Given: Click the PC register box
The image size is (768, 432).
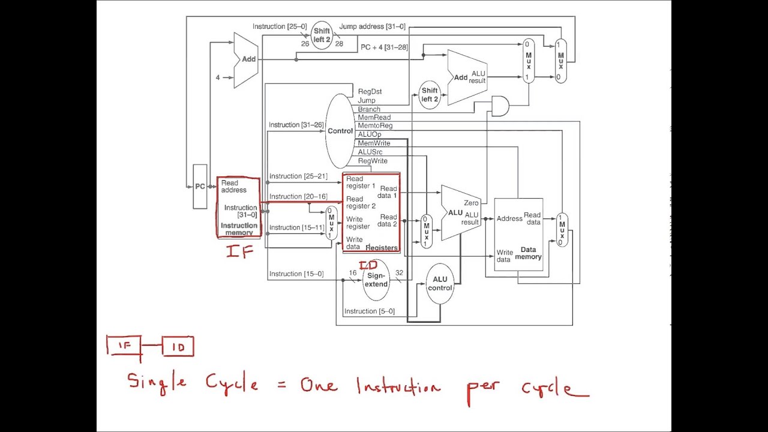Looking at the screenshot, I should [200, 187].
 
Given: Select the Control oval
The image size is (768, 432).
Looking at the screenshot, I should [340, 131].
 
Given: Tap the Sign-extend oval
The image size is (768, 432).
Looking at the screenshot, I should [376, 280].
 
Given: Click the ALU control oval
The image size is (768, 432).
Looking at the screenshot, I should [440, 284].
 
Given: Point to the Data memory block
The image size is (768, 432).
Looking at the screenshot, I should [518, 235].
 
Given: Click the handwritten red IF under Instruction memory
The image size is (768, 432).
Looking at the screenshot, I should [239, 251].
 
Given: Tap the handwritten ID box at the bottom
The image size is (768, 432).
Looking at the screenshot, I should [178, 347].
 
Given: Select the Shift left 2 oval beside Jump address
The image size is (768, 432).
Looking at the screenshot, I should [322, 35].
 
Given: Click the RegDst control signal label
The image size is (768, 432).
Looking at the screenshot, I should [370, 92].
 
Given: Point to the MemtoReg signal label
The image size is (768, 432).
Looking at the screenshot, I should [375, 126].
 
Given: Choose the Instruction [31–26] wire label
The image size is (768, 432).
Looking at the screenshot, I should [296, 125].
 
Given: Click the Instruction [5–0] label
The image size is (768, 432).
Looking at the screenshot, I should [369, 311].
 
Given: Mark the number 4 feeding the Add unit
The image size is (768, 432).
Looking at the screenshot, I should [218, 77].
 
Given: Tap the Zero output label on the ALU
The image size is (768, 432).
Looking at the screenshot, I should [471, 203].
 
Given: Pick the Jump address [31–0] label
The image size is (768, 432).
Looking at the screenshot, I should [372, 26].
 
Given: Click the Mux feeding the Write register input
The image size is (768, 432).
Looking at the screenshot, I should [331, 223].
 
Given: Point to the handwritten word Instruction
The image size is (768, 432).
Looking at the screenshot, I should [398, 387].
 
